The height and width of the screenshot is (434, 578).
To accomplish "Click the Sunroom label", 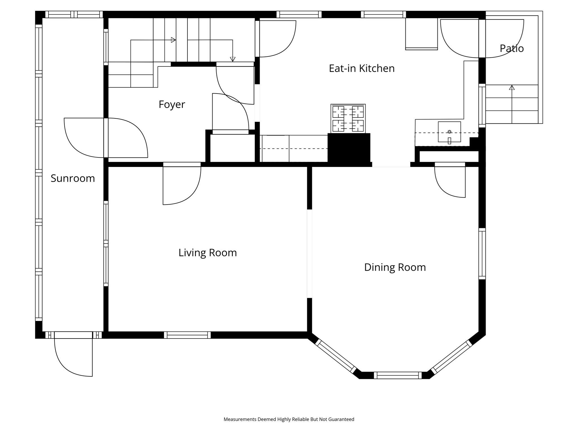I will pos(73,178).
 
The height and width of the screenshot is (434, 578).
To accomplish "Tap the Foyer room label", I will pos(172,105).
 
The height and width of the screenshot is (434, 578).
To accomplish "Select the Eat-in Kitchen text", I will pos(362,68).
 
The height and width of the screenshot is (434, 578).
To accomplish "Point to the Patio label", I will pos(511,48).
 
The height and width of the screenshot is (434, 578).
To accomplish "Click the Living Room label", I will pos(207,253).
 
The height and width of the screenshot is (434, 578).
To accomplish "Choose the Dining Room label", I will pos(395,267).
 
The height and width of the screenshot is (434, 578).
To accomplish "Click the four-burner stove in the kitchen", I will pos(348,118).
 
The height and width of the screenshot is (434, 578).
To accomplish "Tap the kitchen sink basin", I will pos(449,132).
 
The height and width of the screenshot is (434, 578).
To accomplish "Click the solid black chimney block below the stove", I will pos(349,148).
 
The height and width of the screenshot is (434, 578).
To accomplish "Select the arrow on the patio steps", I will pos(512,88).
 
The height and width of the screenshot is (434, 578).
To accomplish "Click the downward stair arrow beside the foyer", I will pos(233,59).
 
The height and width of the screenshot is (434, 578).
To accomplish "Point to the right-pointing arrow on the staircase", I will pos(173,40).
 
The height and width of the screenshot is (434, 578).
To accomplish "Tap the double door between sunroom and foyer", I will pos(106,138).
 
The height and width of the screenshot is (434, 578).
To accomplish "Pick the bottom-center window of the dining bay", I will pos(397,376).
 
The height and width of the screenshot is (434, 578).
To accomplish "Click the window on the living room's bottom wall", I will pos(187,335).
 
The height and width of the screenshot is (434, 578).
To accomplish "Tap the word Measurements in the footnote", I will pos(240,419).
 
